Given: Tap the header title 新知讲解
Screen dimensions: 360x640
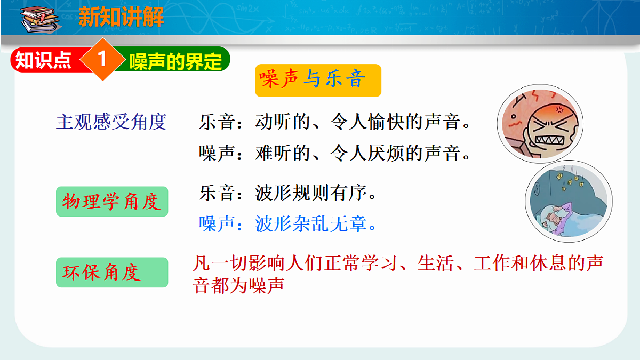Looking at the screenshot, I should [x=122, y=18].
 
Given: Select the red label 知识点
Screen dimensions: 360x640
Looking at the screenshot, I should [x=44, y=61].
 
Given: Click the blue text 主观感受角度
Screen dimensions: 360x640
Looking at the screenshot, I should [x=111, y=123].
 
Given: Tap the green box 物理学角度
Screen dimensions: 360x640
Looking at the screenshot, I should [x=112, y=202].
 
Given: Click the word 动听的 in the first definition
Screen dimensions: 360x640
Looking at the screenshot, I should [x=283, y=123].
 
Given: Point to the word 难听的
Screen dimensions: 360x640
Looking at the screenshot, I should [x=283, y=154].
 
